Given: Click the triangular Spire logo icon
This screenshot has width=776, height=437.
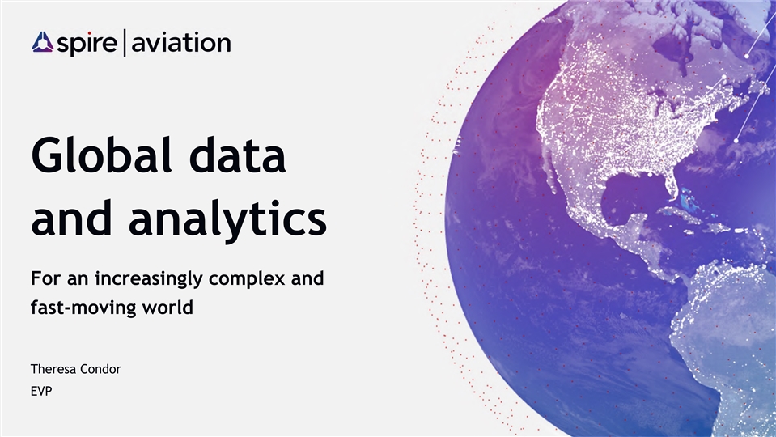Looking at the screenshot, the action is click(x=43, y=42).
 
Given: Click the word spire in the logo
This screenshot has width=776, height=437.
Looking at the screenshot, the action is click(x=87, y=44).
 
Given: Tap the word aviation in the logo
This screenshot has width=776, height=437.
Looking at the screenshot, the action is click(x=181, y=42).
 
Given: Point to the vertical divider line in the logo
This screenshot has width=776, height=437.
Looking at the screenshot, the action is click(x=125, y=43).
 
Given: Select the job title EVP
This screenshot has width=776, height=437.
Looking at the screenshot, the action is click(x=41, y=391).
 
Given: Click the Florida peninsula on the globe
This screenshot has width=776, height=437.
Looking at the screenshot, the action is click(x=670, y=184).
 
